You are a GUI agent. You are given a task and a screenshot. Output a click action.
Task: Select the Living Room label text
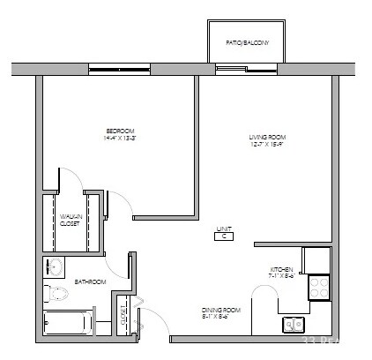point(267,137)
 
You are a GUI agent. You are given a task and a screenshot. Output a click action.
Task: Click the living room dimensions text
point(267,145)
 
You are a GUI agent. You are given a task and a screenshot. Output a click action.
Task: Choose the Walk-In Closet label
point(71,221)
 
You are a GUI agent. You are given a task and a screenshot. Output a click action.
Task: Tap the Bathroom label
point(90,282)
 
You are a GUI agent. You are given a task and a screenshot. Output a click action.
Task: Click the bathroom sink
point(55,266)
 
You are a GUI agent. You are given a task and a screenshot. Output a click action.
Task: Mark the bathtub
point(66,323)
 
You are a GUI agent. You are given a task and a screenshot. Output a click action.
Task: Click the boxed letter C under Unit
point(225,236)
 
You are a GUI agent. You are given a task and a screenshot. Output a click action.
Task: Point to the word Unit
point(225,228)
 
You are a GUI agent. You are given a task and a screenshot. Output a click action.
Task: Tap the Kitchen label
point(281,269)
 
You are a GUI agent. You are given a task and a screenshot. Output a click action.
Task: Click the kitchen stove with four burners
point(317,287)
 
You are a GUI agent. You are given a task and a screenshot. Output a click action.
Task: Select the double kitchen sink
point(294,325)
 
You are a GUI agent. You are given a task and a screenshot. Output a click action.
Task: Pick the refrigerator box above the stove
point(316,260)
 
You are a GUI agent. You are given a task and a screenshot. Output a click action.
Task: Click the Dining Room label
point(220,310)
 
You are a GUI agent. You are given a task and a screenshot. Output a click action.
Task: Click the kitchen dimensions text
point(281,276)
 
